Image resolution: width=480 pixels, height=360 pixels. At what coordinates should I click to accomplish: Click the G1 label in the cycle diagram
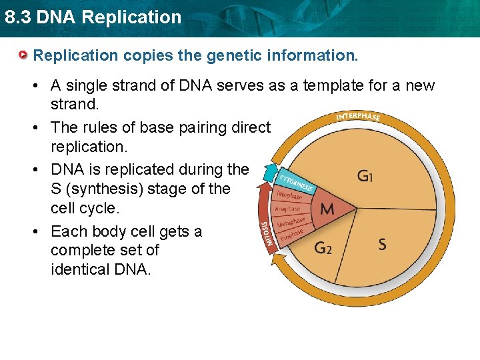tap(365, 177)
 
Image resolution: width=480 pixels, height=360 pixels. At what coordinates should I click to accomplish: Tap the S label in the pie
tap(382, 244)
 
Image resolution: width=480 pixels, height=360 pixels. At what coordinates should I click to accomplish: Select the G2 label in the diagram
tap(323, 248)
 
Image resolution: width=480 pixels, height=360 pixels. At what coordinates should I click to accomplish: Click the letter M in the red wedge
tap(327, 209)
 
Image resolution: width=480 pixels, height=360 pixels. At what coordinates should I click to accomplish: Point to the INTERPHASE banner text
tap(358, 117)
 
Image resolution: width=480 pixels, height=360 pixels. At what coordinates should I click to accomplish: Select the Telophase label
tap(288, 195)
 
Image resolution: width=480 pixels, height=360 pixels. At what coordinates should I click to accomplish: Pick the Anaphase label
tap(289, 209)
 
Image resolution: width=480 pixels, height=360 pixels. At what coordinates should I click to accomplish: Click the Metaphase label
tap(291, 222)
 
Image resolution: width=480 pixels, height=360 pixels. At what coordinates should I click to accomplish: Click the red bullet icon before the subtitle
tap(25, 54)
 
